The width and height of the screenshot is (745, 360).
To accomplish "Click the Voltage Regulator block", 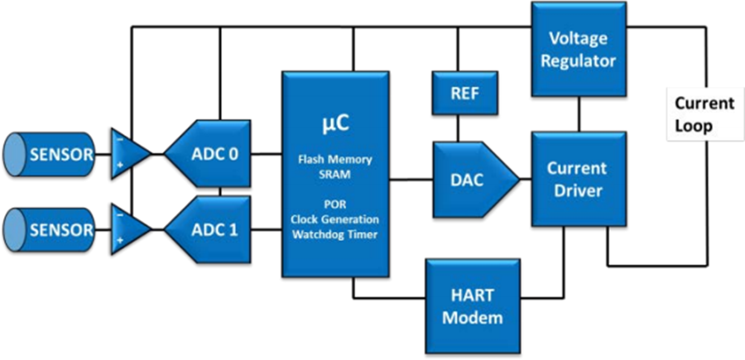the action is pyautogui.click(x=579, y=50).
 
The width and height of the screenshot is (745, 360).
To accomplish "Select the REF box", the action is pyautogui.click(x=464, y=93).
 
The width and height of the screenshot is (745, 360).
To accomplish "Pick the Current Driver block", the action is pyautogui.click(x=579, y=179).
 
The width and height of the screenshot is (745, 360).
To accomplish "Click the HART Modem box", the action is pyautogui.click(x=473, y=306).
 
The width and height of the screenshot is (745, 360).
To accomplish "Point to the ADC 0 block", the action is pyautogui.click(x=208, y=153).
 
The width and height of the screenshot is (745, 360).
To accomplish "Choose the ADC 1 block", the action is pyautogui.click(x=208, y=230).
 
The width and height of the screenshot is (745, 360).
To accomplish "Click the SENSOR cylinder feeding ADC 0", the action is pyautogui.click(x=49, y=155).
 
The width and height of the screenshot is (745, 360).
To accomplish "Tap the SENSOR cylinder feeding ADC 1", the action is pyautogui.click(x=49, y=230).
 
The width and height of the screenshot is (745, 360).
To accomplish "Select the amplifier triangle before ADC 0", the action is pyautogui.click(x=129, y=153).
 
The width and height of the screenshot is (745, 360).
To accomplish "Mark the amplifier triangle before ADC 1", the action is pyautogui.click(x=129, y=230).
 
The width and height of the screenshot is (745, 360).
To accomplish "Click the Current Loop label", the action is pyautogui.click(x=705, y=114).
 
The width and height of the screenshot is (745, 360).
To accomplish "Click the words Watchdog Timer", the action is pyautogui.click(x=335, y=233).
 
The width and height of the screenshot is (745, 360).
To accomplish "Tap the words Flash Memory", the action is pyautogui.click(x=335, y=160).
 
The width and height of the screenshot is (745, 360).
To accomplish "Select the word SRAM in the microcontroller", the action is pyautogui.click(x=335, y=174).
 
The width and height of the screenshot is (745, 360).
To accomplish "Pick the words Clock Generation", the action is pyautogui.click(x=335, y=220).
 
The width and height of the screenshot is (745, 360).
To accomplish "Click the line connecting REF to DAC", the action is pyautogui.click(x=458, y=128).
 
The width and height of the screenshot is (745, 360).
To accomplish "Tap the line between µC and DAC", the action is pyautogui.click(x=411, y=180).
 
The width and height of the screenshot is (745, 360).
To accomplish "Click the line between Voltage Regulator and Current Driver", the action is pyautogui.click(x=579, y=114).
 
